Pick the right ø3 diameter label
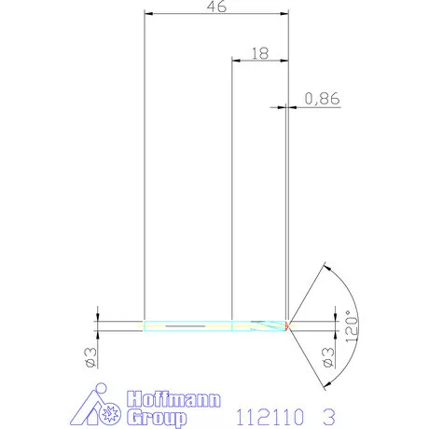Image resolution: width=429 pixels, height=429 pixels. pyautogui.click(x=326, y=357)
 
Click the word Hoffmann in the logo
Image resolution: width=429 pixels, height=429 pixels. pyautogui.click(x=174, y=399)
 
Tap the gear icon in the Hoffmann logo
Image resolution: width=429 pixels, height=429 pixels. pyautogui.click(x=112, y=410)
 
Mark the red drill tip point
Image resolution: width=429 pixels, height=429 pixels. pyautogui.click(x=288, y=325)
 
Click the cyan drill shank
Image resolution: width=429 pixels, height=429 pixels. pyautogui.click(x=187, y=325)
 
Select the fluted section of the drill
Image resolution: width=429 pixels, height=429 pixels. pyautogui.click(x=261, y=325)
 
